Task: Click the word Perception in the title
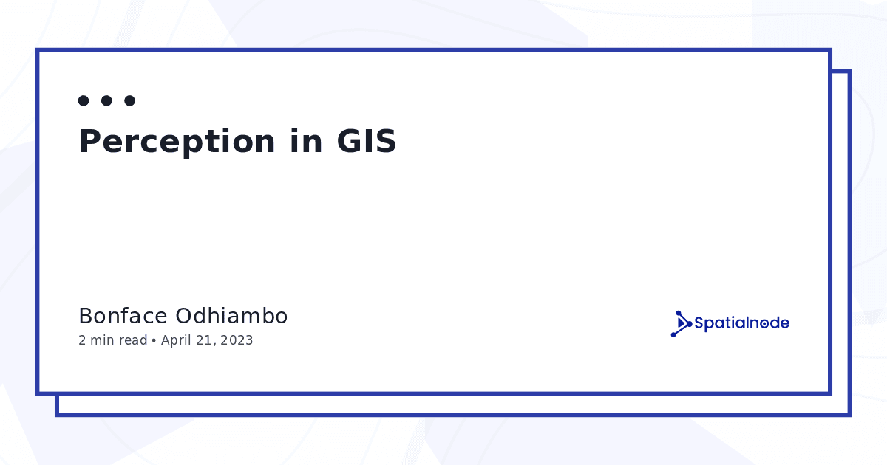(x=177, y=142)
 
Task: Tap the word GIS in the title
(x=367, y=141)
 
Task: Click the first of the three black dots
(x=84, y=101)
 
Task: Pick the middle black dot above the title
(x=106, y=101)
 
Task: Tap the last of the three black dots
(x=130, y=101)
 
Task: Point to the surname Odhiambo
(x=231, y=316)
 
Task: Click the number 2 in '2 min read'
(x=82, y=340)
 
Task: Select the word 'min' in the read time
(x=102, y=340)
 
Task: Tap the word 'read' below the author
(x=132, y=340)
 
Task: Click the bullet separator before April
(x=154, y=340)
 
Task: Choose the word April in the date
(x=176, y=340)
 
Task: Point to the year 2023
(x=237, y=340)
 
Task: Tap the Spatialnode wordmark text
(x=741, y=323)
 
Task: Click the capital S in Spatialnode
(x=699, y=323)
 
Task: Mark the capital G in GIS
(x=349, y=141)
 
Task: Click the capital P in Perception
(x=89, y=141)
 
